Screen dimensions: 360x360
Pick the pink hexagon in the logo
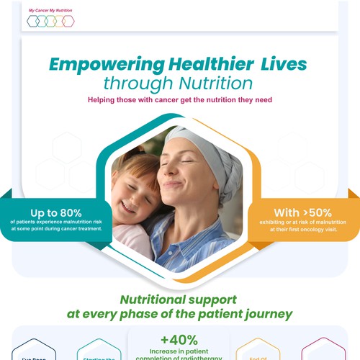(68, 22)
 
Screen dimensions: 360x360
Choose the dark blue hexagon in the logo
(33, 22)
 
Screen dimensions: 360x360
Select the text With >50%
(292, 212)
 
